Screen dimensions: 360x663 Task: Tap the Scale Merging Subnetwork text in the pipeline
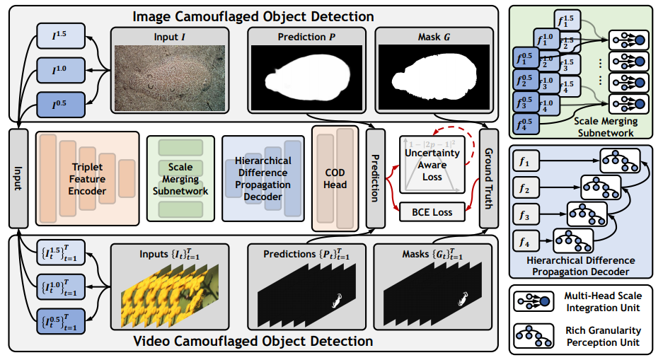pyautogui.click(x=180, y=179)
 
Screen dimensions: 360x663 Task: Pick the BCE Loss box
pyautogui.click(x=432, y=211)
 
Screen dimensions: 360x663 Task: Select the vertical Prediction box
pyautogui.click(x=376, y=178)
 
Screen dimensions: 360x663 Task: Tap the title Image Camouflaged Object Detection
pyautogui.click(x=254, y=15)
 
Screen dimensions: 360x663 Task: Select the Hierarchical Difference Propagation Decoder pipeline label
pyautogui.click(x=263, y=179)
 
